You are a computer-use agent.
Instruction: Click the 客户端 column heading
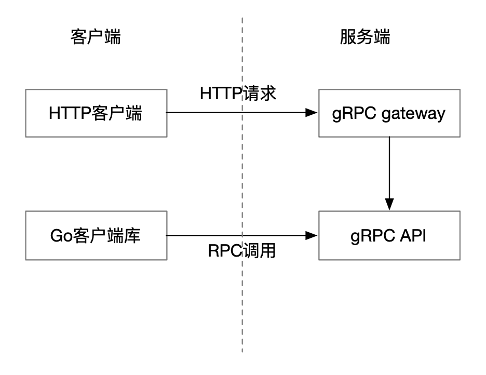[x=96, y=37]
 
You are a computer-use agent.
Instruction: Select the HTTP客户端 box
[x=96, y=113]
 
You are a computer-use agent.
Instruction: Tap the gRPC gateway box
[x=389, y=113]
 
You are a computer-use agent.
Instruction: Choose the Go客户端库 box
[x=96, y=235]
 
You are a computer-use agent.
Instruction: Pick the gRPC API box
[x=389, y=235]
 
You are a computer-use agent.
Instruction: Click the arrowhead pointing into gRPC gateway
[x=312, y=113]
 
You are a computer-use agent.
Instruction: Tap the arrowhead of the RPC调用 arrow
[x=312, y=235]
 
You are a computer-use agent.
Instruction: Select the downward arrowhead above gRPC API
[x=389, y=204]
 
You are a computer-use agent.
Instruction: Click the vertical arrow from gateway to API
[x=389, y=166]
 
